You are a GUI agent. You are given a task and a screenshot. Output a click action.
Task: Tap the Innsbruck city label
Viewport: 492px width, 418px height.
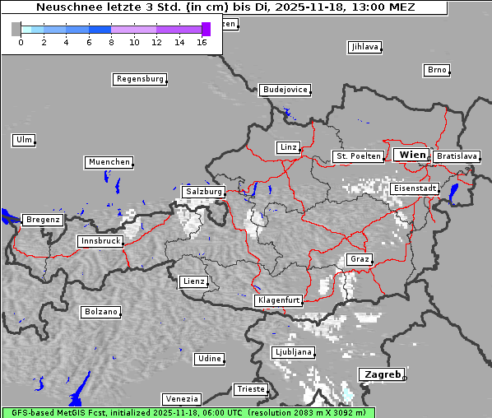coord(100,241)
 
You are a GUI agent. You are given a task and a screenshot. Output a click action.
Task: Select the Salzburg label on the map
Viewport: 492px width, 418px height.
coord(203,192)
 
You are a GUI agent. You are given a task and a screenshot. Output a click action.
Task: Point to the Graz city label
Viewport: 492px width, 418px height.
coord(359,259)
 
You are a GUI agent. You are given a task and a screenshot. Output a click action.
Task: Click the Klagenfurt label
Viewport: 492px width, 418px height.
coord(278,300)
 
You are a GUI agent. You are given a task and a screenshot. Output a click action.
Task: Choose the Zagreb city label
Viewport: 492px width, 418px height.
coord(381,374)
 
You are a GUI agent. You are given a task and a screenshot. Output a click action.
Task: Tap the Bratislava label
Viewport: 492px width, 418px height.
coord(456,156)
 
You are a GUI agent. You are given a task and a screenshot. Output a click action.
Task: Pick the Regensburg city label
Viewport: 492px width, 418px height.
coord(139,79)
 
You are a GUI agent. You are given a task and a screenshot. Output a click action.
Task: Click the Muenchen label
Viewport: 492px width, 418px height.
coord(109,162)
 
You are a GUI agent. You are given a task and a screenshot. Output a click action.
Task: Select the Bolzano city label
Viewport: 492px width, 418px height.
coord(100,312)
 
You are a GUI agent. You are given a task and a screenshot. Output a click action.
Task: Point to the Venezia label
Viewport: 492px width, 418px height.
coord(180,398)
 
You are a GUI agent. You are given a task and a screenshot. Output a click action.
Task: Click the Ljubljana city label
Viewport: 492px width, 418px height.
coord(293,351)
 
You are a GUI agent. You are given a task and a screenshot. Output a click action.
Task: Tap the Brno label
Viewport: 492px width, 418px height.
coord(437,70)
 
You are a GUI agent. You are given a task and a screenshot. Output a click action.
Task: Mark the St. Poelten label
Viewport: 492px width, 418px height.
coord(357,156)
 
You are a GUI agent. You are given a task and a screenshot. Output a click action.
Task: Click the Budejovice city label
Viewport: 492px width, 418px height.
coord(285,89)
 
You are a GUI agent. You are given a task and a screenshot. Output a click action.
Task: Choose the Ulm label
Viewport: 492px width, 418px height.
coord(24,140)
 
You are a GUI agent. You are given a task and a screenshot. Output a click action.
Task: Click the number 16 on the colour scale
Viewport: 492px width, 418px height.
coord(202,42)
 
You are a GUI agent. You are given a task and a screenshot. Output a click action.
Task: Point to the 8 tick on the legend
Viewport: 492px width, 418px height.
coord(111,42)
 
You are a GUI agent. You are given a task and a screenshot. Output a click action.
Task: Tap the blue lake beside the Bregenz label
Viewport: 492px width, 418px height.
coord(9,217)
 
